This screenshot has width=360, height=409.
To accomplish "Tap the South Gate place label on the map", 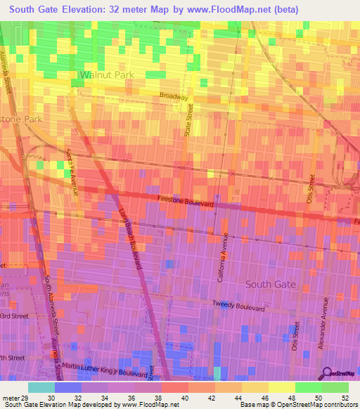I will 271,284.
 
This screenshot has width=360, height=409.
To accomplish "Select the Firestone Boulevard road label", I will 186,200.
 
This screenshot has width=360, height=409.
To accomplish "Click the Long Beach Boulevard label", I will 131,239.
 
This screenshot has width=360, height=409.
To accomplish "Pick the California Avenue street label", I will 222,258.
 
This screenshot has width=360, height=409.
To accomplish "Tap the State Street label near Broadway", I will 188,118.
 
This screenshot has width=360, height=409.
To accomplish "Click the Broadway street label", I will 174,96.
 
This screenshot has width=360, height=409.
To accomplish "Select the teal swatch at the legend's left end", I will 41,387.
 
